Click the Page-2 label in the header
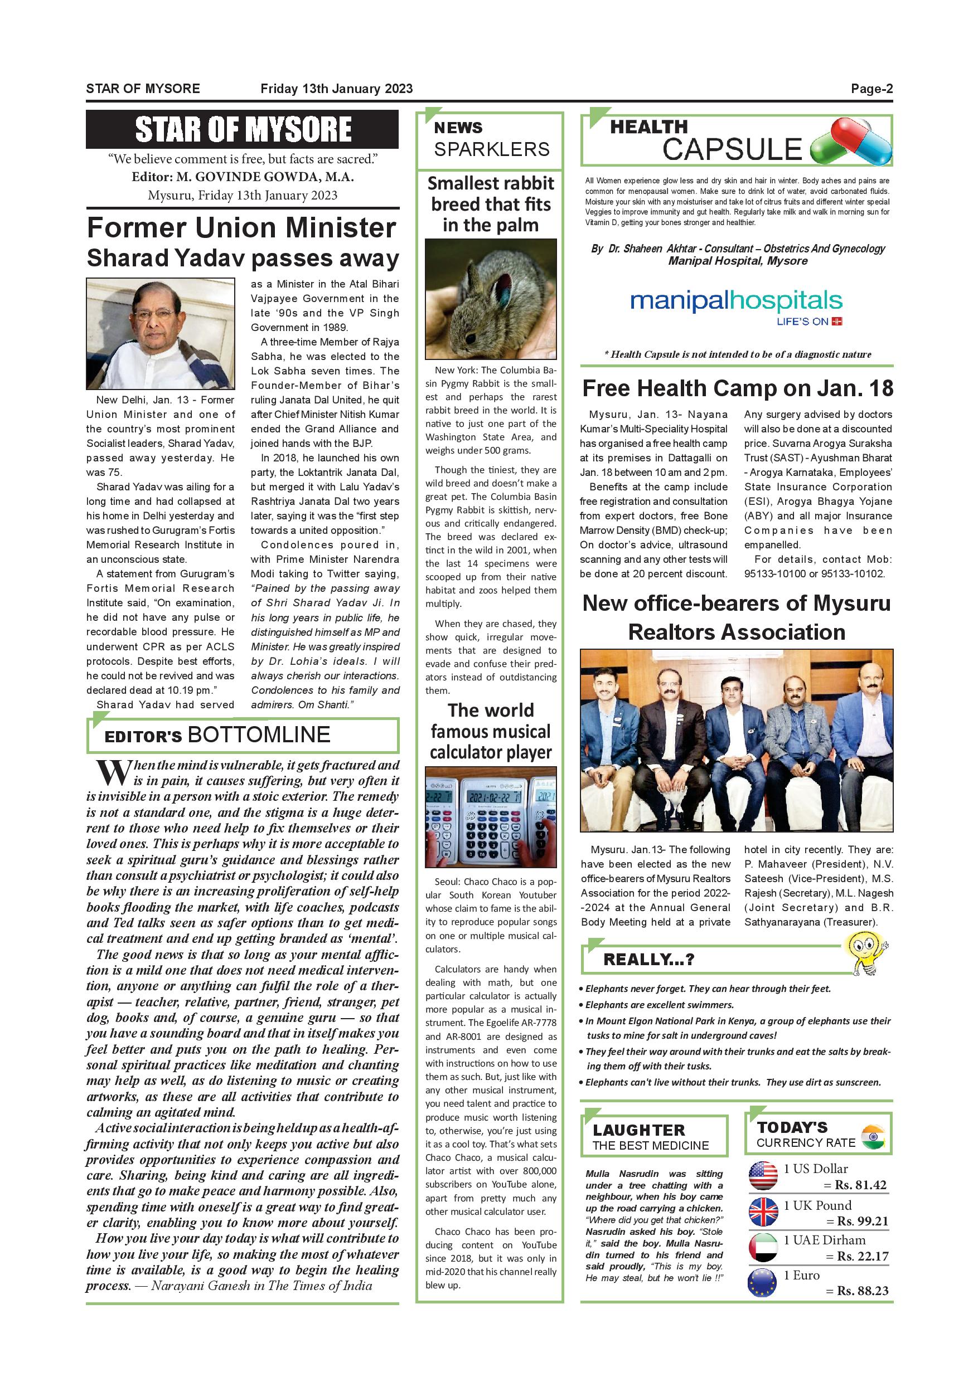(871, 89)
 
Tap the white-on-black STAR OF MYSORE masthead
(242, 129)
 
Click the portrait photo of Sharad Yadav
(160, 333)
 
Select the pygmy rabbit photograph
(490, 299)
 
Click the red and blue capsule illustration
(851, 142)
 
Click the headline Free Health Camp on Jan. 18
(737, 388)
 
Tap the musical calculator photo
(490, 816)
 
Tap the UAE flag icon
(763, 1247)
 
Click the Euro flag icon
(763, 1282)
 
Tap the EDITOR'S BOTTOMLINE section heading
(217, 735)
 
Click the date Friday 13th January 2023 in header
(336, 89)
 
